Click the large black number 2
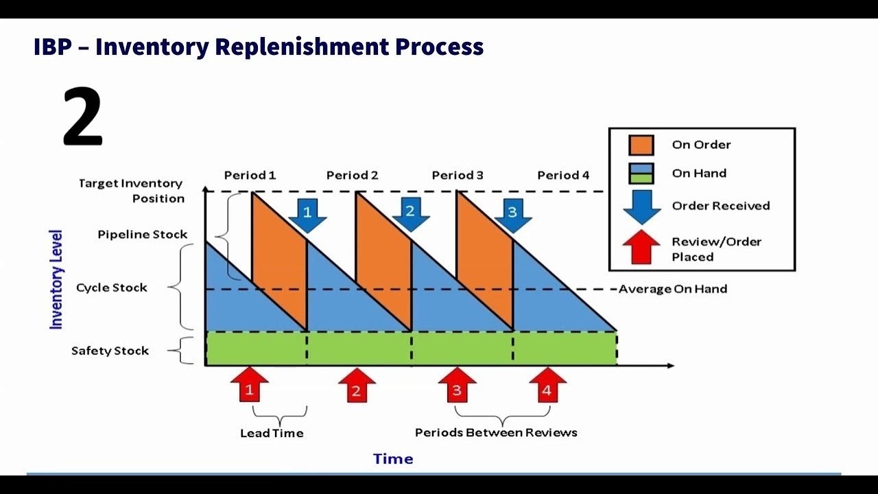(82, 117)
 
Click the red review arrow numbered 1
(250, 386)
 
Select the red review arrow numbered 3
(457, 386)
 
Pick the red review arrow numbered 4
(547, 386)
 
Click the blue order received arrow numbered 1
(307, 215)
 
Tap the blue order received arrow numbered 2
(410, 214)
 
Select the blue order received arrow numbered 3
(512, 215)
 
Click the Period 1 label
(250, 175)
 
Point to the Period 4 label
(563, 175)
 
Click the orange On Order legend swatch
(642, 145)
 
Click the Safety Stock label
(110, 351)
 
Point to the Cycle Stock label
(111, 287)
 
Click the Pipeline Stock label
(142, 234)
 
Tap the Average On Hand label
(672, 289)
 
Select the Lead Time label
(272, 433)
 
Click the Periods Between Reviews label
(496, 432)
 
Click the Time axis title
(393, 459)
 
